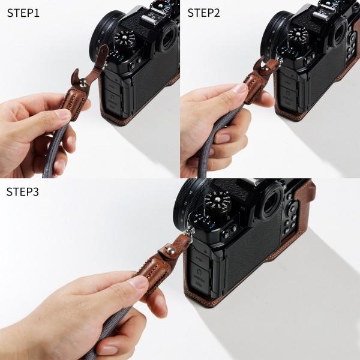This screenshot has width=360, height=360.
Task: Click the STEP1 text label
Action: coord(27,13)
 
